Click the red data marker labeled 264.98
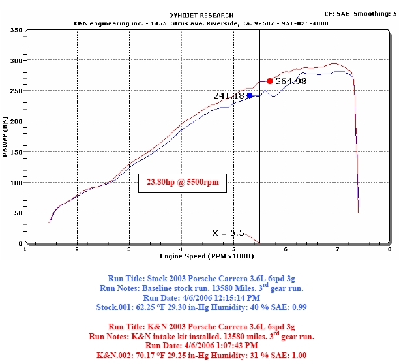click(270, 81)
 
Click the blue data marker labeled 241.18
click(249, 95)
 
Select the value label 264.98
click(291, 82)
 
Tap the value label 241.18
click(228, 95)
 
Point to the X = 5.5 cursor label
click(228, 233)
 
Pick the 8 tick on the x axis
click(389, 249)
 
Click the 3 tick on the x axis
click(129, 249)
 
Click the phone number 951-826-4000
click(306, 23)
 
